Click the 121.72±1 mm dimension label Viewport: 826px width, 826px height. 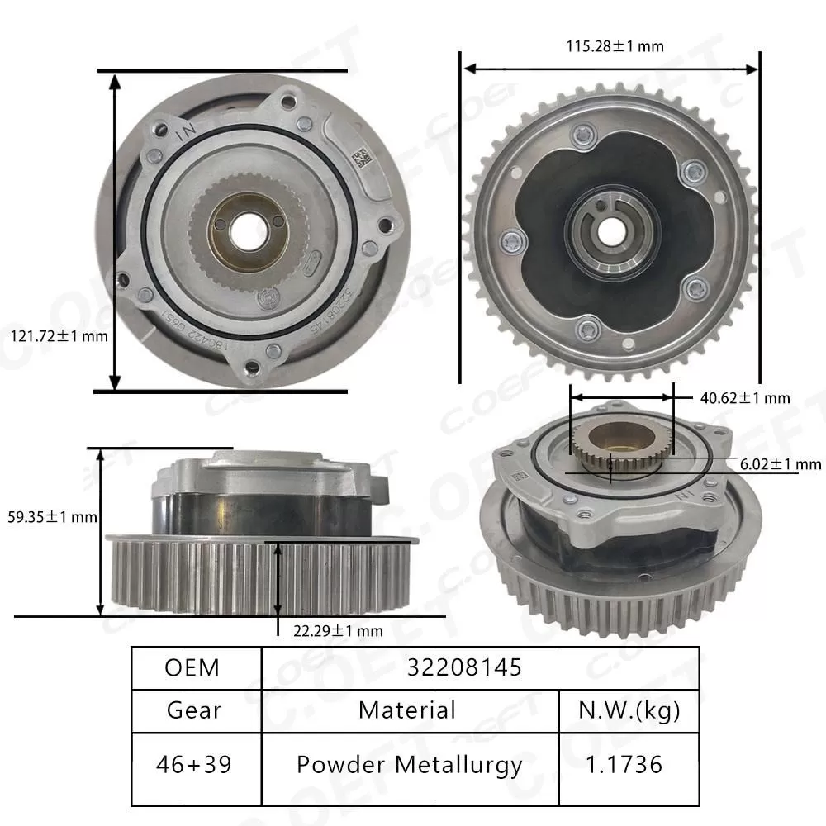click(59, 337)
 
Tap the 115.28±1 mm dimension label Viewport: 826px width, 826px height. click(615, 46)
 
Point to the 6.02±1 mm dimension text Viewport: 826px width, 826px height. click(769, 465)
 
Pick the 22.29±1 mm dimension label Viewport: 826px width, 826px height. click(339, 631)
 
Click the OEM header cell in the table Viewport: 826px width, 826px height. click(192, 667)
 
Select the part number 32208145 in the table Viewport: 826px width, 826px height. click(464, 667)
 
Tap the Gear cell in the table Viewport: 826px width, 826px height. click(192, 710)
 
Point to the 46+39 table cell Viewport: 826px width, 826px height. click(192, 765)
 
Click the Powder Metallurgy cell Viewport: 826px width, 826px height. click(410, 765)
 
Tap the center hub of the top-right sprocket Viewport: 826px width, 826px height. click(611, 225)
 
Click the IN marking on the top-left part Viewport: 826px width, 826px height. click(186, 131)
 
